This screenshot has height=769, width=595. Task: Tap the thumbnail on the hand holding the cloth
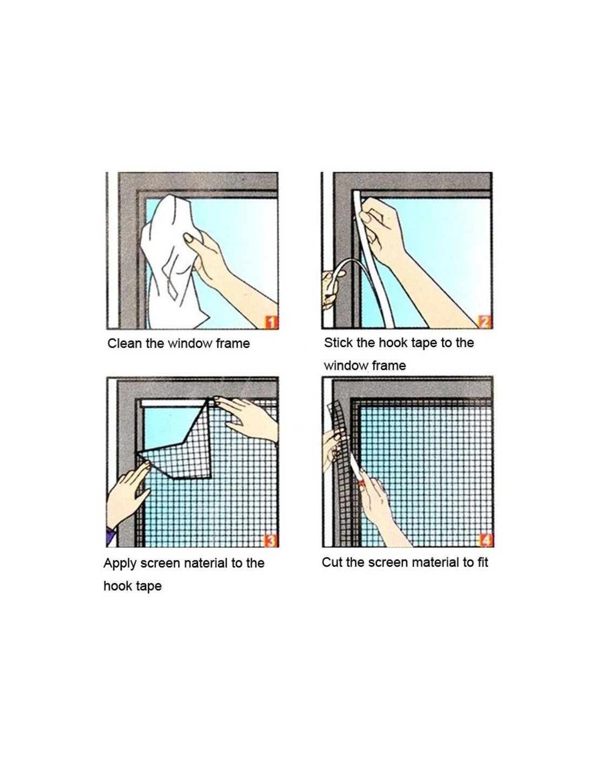tap(189, 238)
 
